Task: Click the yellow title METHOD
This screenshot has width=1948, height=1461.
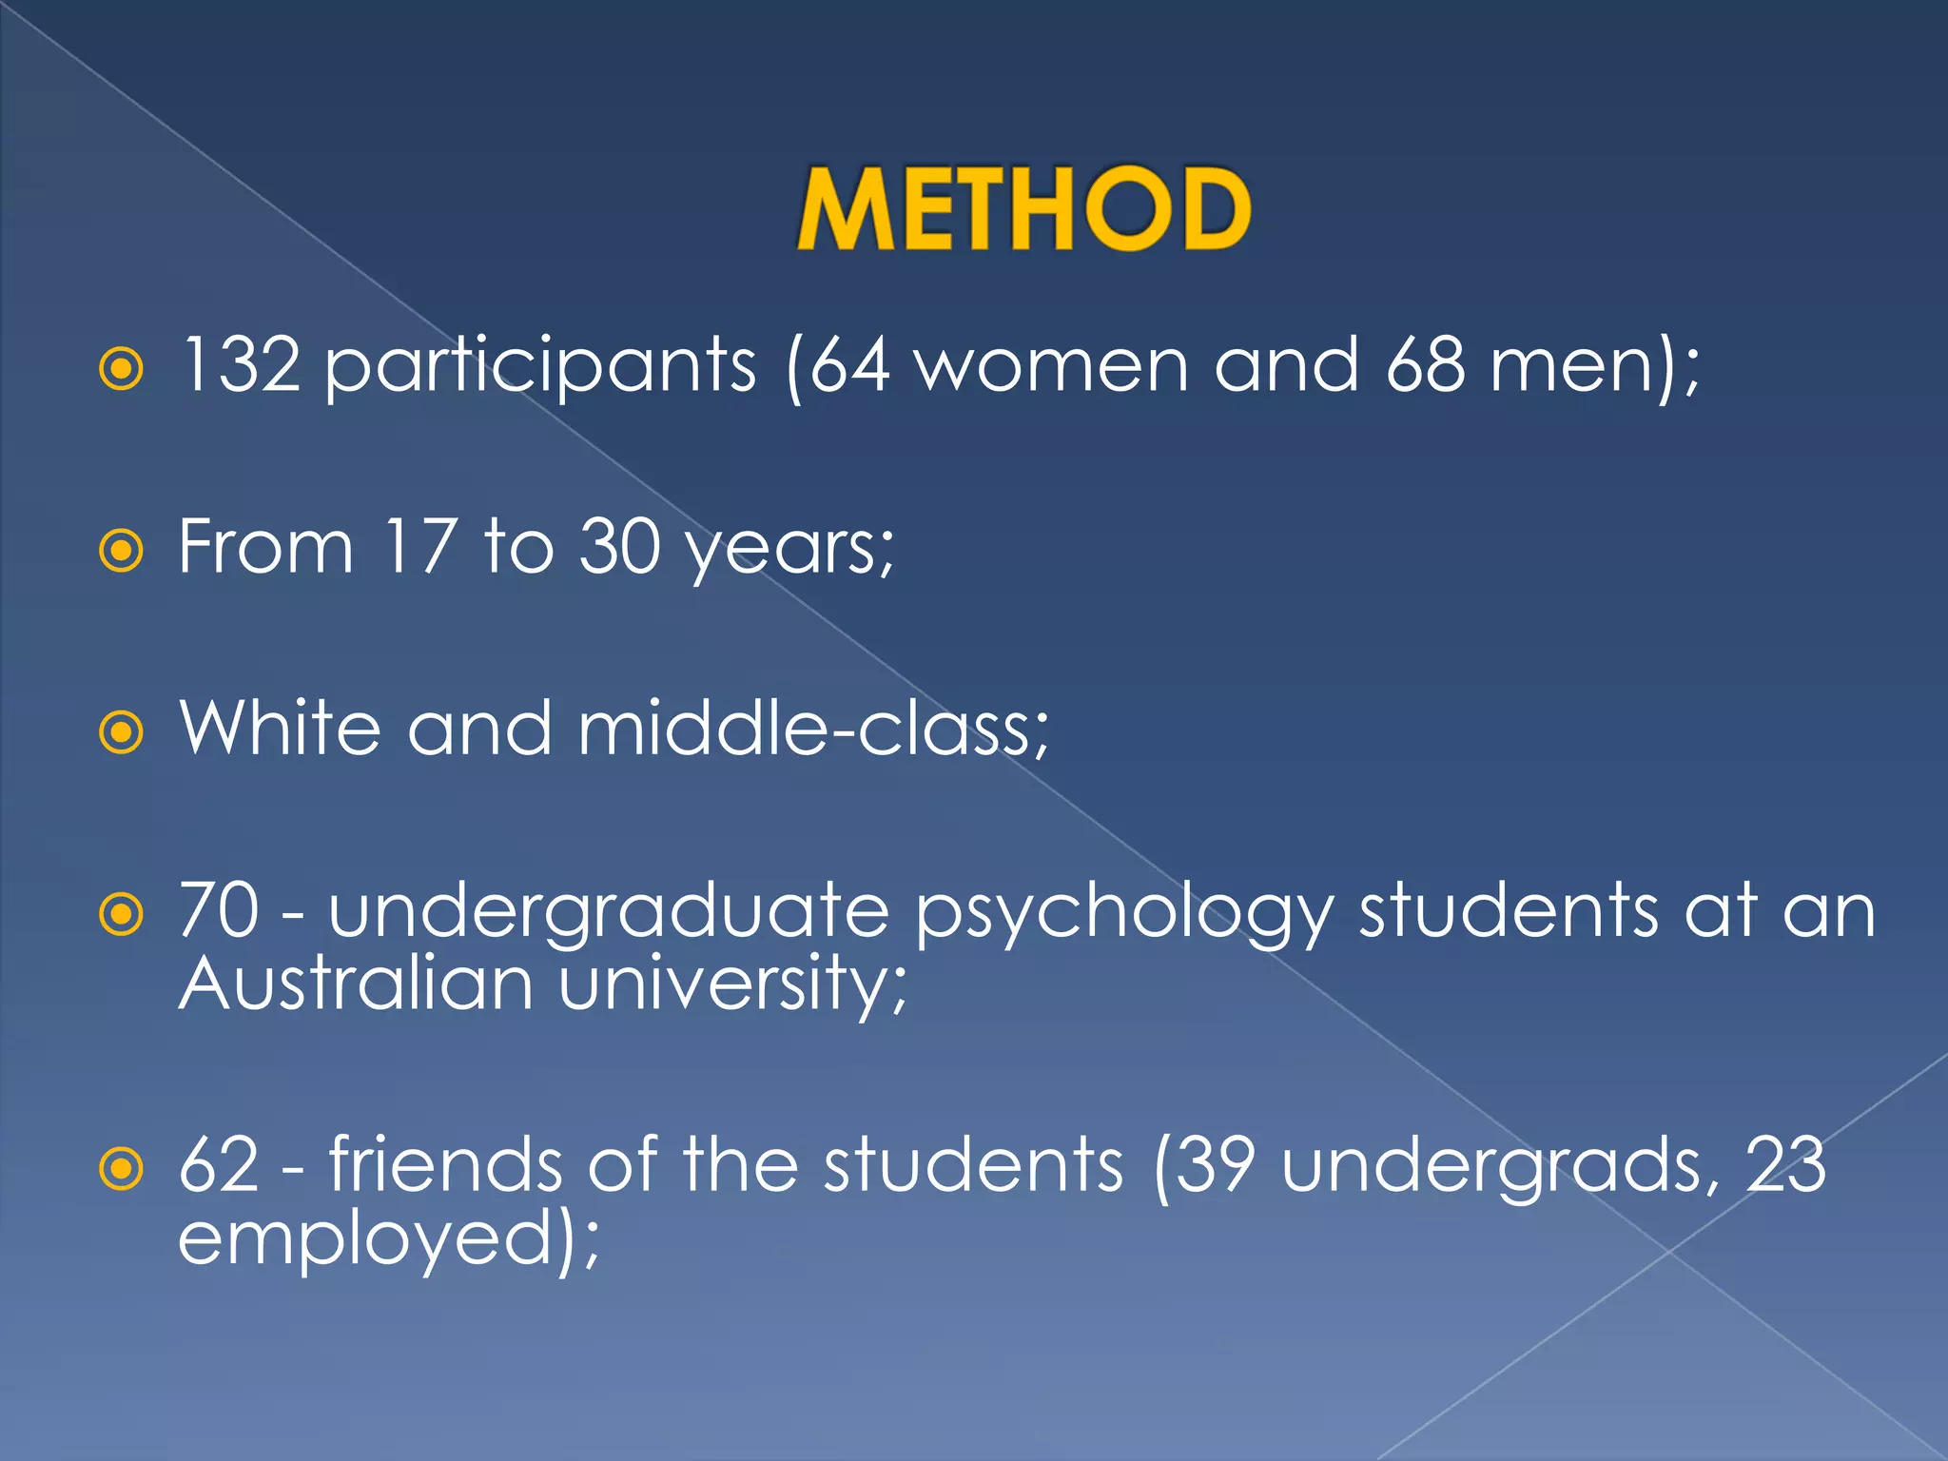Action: click(1023, 209)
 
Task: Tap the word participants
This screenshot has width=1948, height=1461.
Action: click(540, 367)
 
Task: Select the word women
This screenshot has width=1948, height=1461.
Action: click(1051, 365)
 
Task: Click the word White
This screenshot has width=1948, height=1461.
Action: click(281, 729)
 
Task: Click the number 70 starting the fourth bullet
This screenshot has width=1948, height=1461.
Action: click(219, 910)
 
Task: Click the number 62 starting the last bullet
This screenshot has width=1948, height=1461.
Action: click(219, 1164)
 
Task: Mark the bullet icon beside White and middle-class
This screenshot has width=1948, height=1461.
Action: click(122, 732)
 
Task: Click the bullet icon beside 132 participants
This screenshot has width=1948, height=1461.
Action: click(122, 369)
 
